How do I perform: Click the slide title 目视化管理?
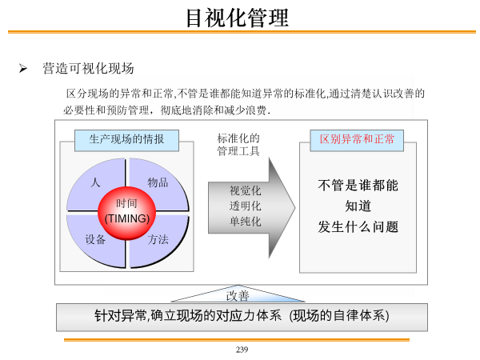(x=238, y=18)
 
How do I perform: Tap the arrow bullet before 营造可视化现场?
(x=23, y=68)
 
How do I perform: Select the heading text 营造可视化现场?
(x=88, y=68)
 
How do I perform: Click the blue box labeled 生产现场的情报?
(x=126, y=141)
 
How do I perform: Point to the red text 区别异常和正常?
(x=357, y=139)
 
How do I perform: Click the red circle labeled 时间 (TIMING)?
(x=126, y=213)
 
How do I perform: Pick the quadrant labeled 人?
(x=95, y=185)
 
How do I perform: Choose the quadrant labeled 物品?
(x=158, y=185)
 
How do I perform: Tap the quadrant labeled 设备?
(x=95, y=240)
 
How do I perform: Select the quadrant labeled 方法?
(x=158, y=240)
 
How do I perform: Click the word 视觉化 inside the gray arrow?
(x=246, y=190)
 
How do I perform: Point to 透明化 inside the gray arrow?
(x=246, y=206)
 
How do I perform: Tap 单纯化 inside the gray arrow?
(x=246, y=222)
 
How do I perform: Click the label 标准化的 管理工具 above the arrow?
(x=238, y=145)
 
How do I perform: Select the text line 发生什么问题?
(x=358, y=227)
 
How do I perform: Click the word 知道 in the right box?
(x=358, y=206)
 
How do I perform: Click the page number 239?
(x=242, y=350)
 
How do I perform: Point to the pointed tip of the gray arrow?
(x=294, y=208)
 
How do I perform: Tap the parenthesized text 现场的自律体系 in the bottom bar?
(x=339, y=316)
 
